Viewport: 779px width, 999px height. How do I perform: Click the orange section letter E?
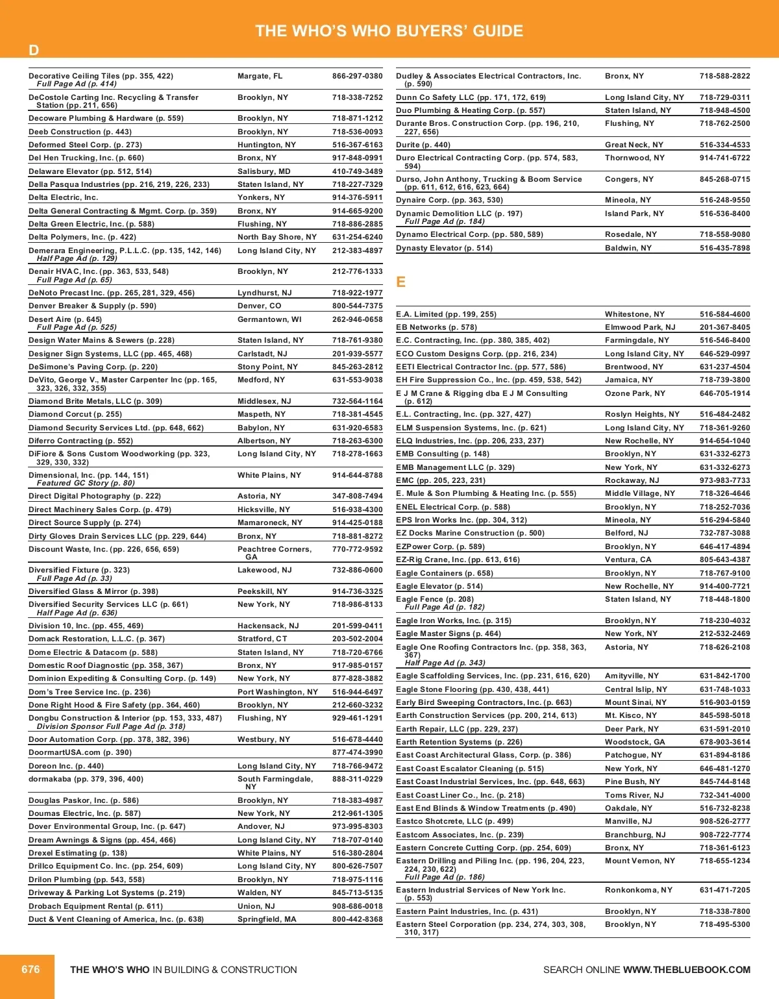coord(401,282)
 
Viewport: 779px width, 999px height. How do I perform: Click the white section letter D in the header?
coord(34,51)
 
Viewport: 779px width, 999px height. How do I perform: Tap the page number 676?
coord(31,969)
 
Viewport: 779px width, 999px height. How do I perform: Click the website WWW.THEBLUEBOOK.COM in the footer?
coord(686,970)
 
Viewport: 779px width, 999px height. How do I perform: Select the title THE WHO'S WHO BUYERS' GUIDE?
coord(389,31)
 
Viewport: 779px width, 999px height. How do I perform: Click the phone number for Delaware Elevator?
coord(357,171)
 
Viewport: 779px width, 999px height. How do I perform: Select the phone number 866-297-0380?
coord(357,76)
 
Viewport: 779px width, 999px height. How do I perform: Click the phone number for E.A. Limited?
coord(724,314)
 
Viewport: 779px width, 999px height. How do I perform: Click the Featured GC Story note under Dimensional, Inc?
coord(86,483)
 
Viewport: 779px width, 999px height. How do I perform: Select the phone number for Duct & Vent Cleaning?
coord(357,919)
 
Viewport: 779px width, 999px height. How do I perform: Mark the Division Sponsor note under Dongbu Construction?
coord(111,726)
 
